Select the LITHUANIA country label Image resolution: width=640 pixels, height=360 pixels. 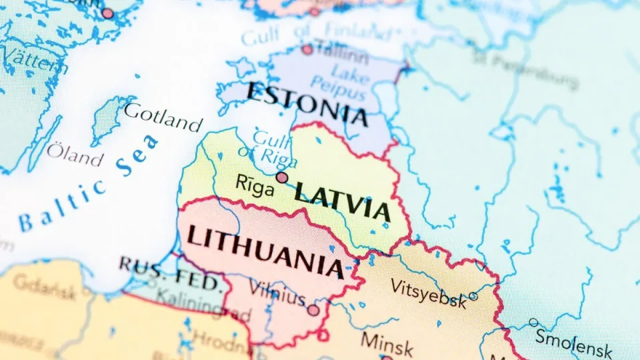click(265, 251)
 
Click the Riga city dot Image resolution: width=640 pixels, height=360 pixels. click(282, 177)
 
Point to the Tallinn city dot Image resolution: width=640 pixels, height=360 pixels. click(307, 49)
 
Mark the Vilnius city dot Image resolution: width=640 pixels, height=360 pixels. click(313, 310)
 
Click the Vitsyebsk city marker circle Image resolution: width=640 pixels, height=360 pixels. click(473, 296)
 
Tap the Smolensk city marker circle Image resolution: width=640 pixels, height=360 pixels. click(533, 323)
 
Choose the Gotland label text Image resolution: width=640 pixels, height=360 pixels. click(163, 117)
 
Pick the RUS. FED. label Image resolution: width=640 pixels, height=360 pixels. click(171, 273)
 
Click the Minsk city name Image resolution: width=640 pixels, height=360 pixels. click(387, 343)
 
